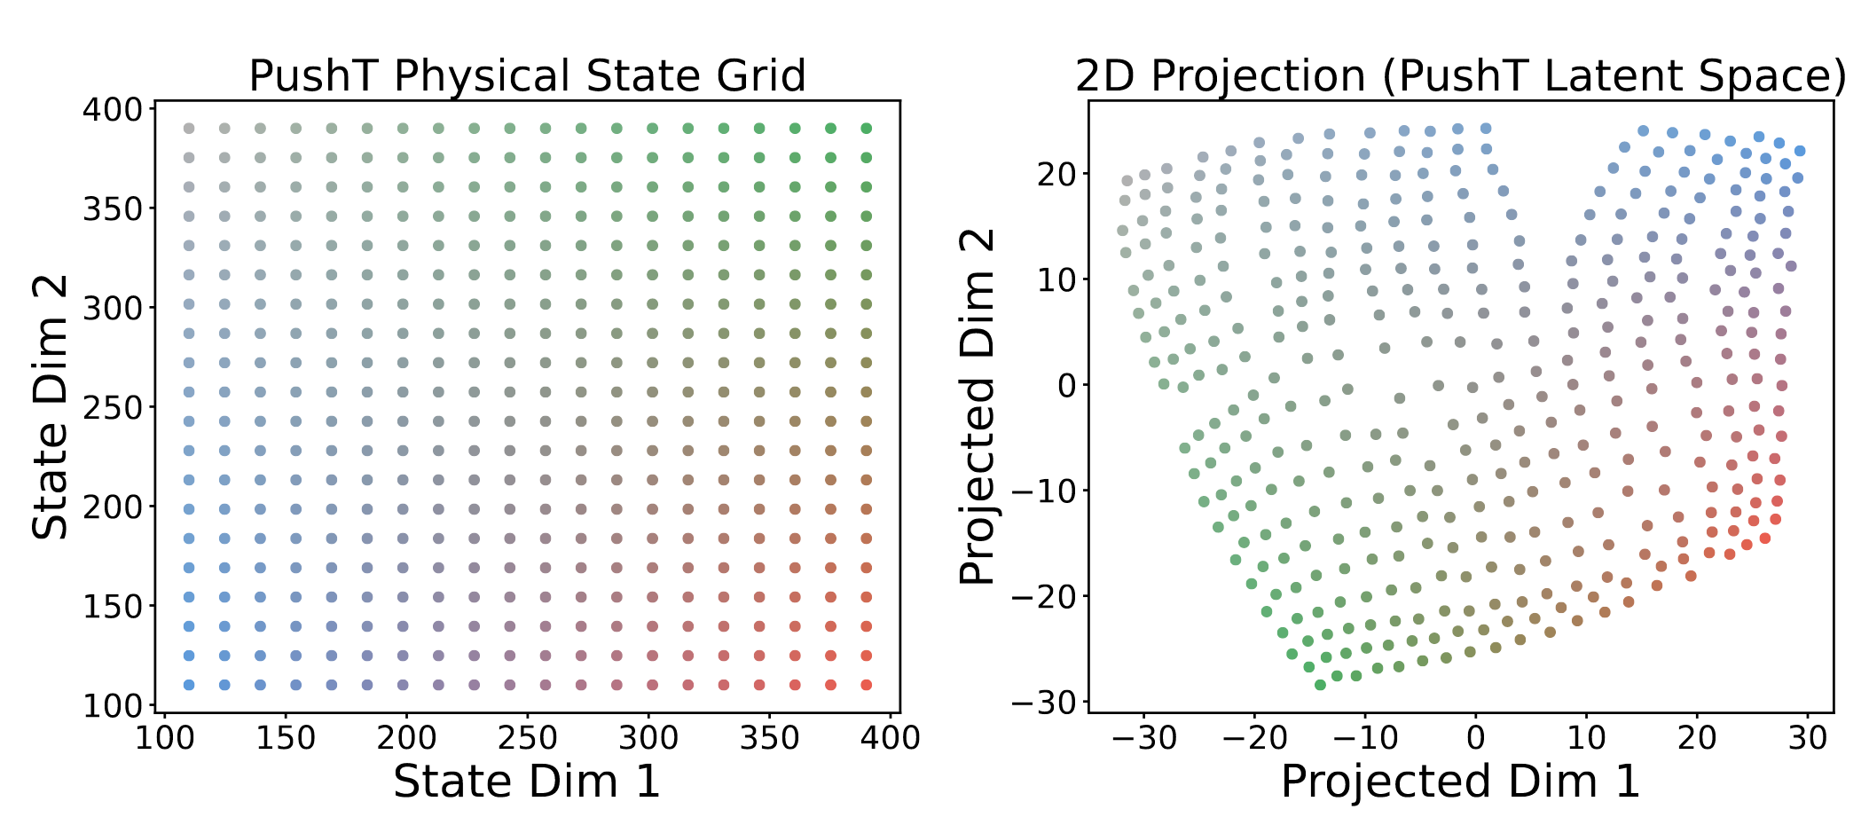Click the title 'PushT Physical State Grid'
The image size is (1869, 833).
[x=527, y=76]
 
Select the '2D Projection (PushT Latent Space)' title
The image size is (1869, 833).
[x=1461, y=76]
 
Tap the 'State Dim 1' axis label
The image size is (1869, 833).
[x=527, y=782]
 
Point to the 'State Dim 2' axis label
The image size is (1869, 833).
[x=51, y=407]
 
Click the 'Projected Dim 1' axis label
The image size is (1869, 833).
[x=1460, y=782]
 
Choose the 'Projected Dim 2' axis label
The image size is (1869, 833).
[x=978, y=407]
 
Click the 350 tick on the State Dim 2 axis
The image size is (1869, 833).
[x=113, y=209]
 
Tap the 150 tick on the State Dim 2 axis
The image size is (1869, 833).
[x=113, y=607]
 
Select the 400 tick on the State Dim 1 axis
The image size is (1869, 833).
[x=891, y=737]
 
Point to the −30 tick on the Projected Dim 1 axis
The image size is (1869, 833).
[x=1144, y=737]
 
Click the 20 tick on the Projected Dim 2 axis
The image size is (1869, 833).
[x=1056, y=174]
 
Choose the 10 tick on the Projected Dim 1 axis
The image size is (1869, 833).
[x=1586, y=737]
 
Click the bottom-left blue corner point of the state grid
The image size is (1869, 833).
[x=189, y=685]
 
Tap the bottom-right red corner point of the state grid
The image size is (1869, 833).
[x=867, y=685]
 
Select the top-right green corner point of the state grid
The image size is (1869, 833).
[x=867, y=129]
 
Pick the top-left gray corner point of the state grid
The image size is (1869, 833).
[x=189, y=129]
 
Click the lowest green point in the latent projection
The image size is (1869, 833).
[x=1320, y=685]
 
